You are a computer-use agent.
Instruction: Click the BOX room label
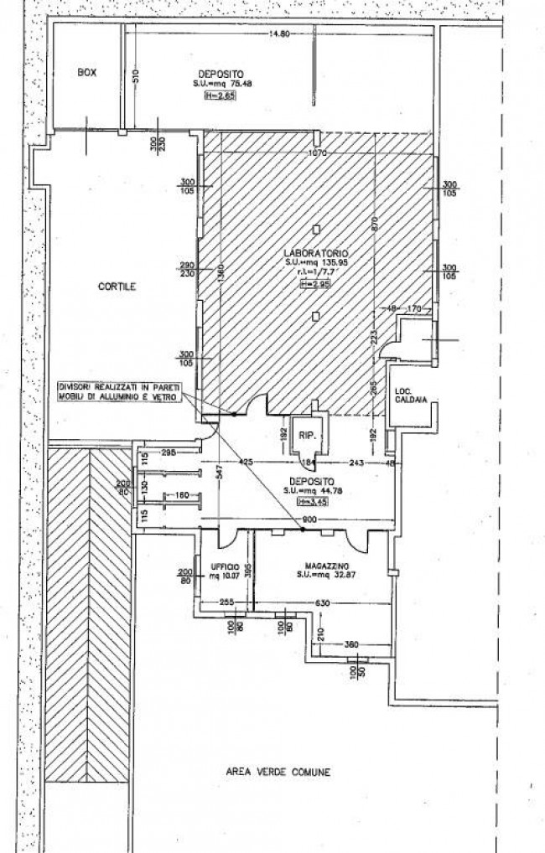(86, 73)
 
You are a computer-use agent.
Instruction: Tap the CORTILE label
(116, 286)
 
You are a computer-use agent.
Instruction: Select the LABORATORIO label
(315, 253)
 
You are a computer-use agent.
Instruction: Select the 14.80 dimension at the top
(279, 34)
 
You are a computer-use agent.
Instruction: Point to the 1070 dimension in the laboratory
(317, 153)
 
